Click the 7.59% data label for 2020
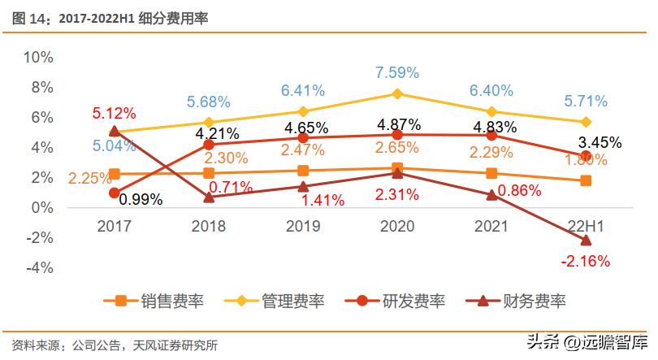click(x=396, y=73)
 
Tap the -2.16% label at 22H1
click(x=585, y=262)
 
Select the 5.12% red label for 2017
click(x=114, y=113)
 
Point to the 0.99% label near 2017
click(x=140, y=198)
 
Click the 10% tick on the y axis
click(x=38, y=58)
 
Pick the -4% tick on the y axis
click(x=38, y=267)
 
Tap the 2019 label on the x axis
click(x=303, y=227)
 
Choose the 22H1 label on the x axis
click(x=585, y=227)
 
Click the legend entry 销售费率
click(x=154, y=301)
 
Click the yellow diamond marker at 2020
click(x=396, y=94)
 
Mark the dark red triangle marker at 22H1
click(x=585, y=241)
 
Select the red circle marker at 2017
click(x=115, y=193)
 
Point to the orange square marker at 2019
click(x=303, y=171)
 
